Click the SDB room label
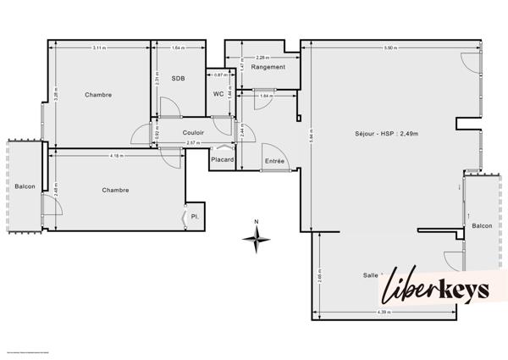178,79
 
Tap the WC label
218,94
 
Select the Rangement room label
268,67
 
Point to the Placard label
222,158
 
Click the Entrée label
275,161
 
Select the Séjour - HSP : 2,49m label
386,133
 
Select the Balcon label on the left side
25,186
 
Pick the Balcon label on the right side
482,225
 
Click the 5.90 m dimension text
389,47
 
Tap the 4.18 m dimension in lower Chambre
116,156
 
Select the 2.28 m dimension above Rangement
262,58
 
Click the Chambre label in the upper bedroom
98,94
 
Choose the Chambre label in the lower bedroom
115,190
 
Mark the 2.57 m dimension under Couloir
192,143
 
